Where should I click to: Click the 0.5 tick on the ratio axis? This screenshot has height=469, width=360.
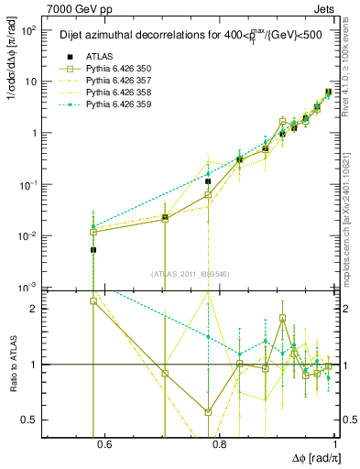[x=33, y=420]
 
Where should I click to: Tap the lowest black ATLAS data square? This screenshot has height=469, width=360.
[x=93, y=249]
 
